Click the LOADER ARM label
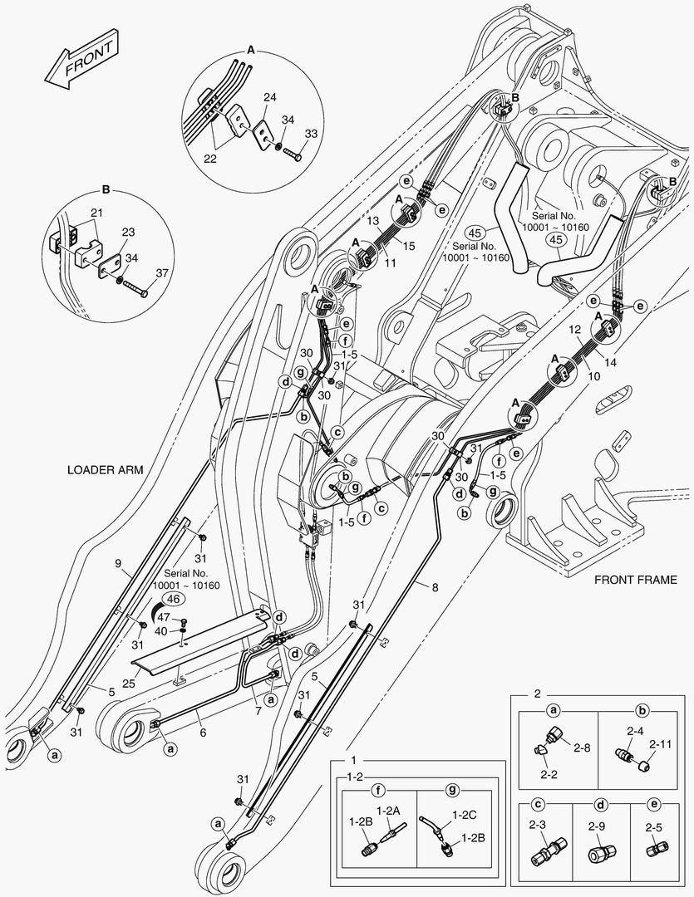(106, 469)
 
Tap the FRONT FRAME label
(635, 580)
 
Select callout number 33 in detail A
(311, 134)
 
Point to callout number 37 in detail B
(162, 273)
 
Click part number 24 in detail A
(269, 98)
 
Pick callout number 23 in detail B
(128, 233)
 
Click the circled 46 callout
(175, 599)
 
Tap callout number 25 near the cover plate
(129, 684)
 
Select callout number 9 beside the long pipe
(118, 563)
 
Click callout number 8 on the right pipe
(436, 587)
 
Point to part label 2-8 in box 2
(582, 747)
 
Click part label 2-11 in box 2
(660, 744)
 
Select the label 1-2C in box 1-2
(465, 815)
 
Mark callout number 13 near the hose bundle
(373, 221)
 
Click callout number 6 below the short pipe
(203, 733)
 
